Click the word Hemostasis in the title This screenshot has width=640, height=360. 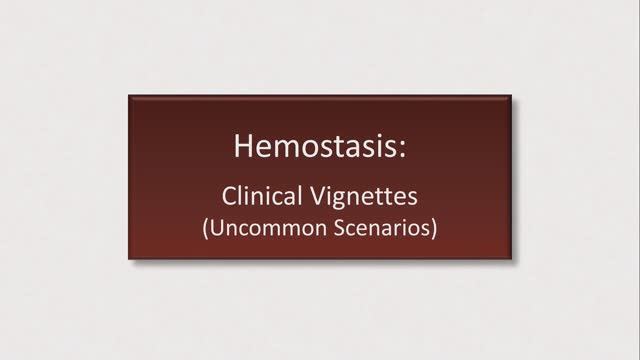[317, 146]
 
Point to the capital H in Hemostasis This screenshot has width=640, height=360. [243, 146]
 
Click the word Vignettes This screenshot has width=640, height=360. [363, 194]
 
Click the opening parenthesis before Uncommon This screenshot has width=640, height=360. [204, 226]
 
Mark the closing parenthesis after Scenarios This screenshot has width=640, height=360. [436, 226]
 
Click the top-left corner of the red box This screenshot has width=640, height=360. [129, 95]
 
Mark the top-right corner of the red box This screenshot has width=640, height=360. [511, 95]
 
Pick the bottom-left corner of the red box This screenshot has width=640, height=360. [129, 259]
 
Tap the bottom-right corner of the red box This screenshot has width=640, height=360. [511, 259]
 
